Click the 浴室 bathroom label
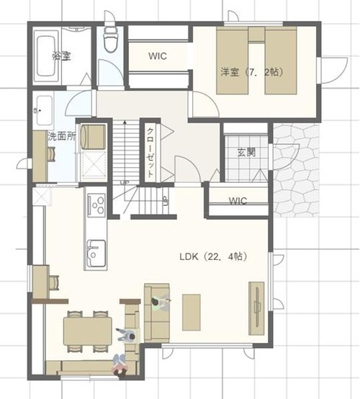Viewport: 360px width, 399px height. (61, 55)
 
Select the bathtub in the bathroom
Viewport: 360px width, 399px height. (47, 56)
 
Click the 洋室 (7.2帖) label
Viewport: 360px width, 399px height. (252, 73)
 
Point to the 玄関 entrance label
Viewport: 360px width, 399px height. (246, 152)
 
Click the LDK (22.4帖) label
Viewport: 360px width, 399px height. (213, 256)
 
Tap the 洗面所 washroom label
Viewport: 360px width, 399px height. (62, 136)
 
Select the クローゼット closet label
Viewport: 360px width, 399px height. (150, 152)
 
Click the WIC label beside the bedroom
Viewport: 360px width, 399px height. (158, 56)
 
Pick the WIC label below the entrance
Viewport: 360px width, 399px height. (238, 201)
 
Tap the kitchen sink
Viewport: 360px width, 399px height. (96, 254)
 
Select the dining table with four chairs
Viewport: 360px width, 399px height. (87, 331)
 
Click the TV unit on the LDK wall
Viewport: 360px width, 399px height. (256, 308)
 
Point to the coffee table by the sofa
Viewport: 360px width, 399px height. (192, 313)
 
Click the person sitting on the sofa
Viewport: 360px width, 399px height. (161, 302)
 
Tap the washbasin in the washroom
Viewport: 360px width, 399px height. (43, 110)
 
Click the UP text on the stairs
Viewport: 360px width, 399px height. (125, 182)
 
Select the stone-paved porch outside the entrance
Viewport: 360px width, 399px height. (296, 171)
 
